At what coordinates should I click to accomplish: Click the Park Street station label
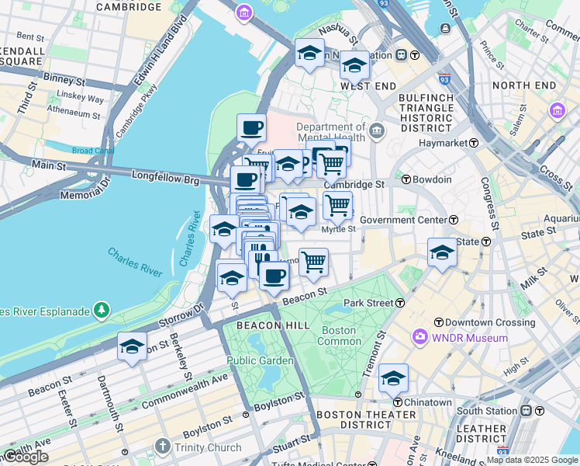pos(369,302)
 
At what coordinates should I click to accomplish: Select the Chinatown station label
pos(426,402)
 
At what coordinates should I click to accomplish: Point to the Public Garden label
pos(260,360)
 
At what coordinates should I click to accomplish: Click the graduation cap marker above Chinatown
pos(393,378)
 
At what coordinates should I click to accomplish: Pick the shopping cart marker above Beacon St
pos(313,262)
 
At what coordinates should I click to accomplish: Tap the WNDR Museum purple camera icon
pos(420,338)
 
